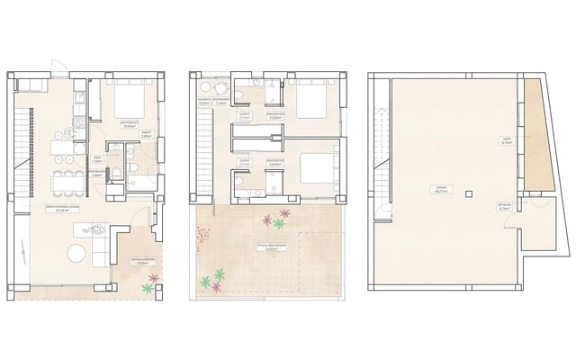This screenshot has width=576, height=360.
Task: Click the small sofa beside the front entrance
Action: pyautogui.click(x=29, y=85)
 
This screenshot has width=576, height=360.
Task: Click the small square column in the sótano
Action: pyautogui.click(x=467, y=192)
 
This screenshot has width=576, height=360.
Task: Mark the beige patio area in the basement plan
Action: pyautogui.click(x=538, y=135)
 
